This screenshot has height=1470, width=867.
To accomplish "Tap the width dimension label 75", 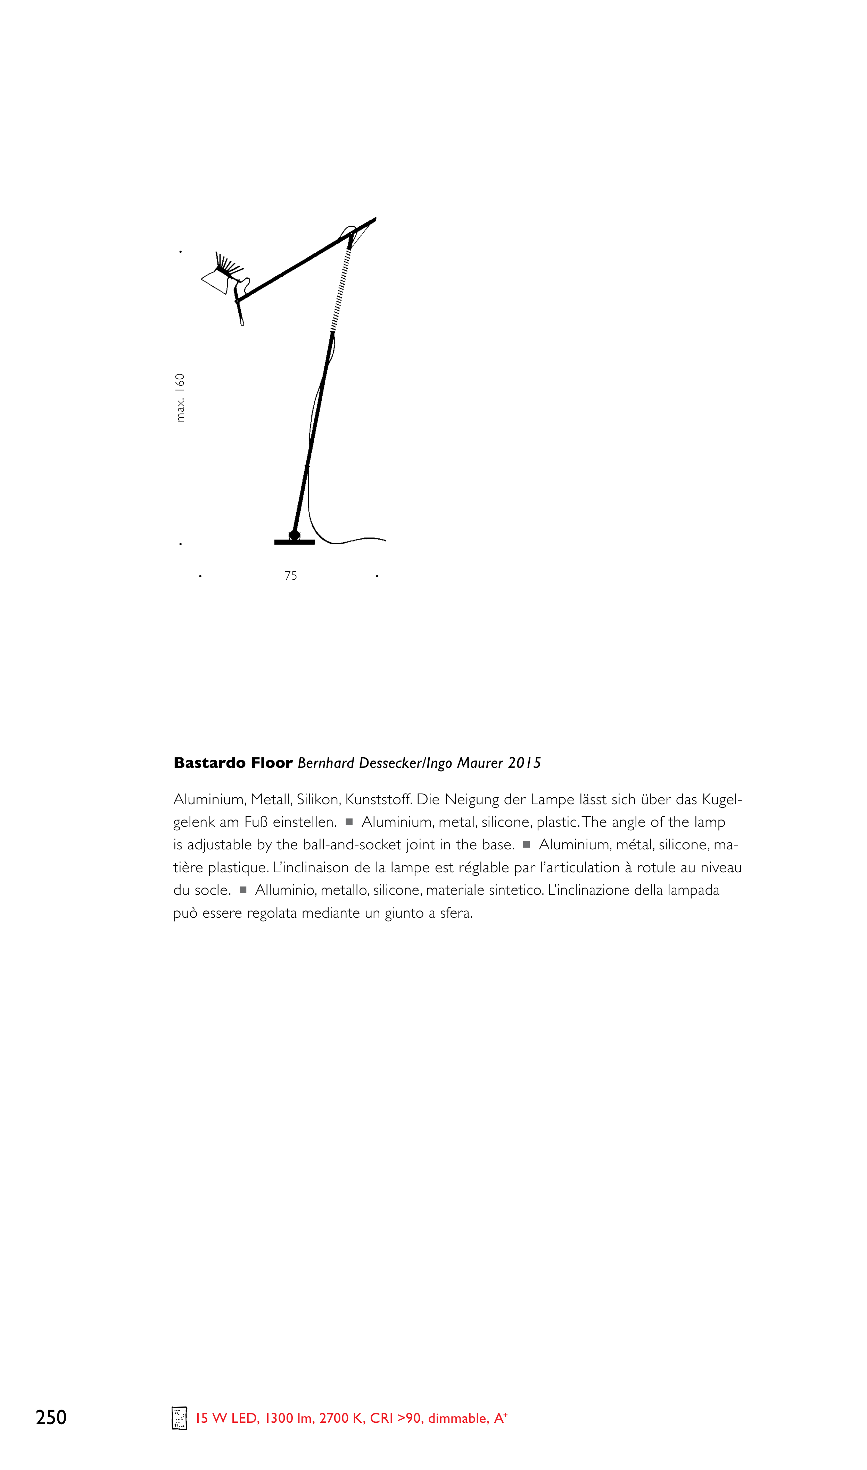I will [290, 576].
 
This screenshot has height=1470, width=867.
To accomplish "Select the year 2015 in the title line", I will [524, 763].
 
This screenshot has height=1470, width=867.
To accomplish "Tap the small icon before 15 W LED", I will [179, 1418].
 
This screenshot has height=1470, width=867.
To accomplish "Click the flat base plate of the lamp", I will [295, 542].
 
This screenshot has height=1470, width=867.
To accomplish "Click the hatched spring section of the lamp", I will [341, 289].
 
